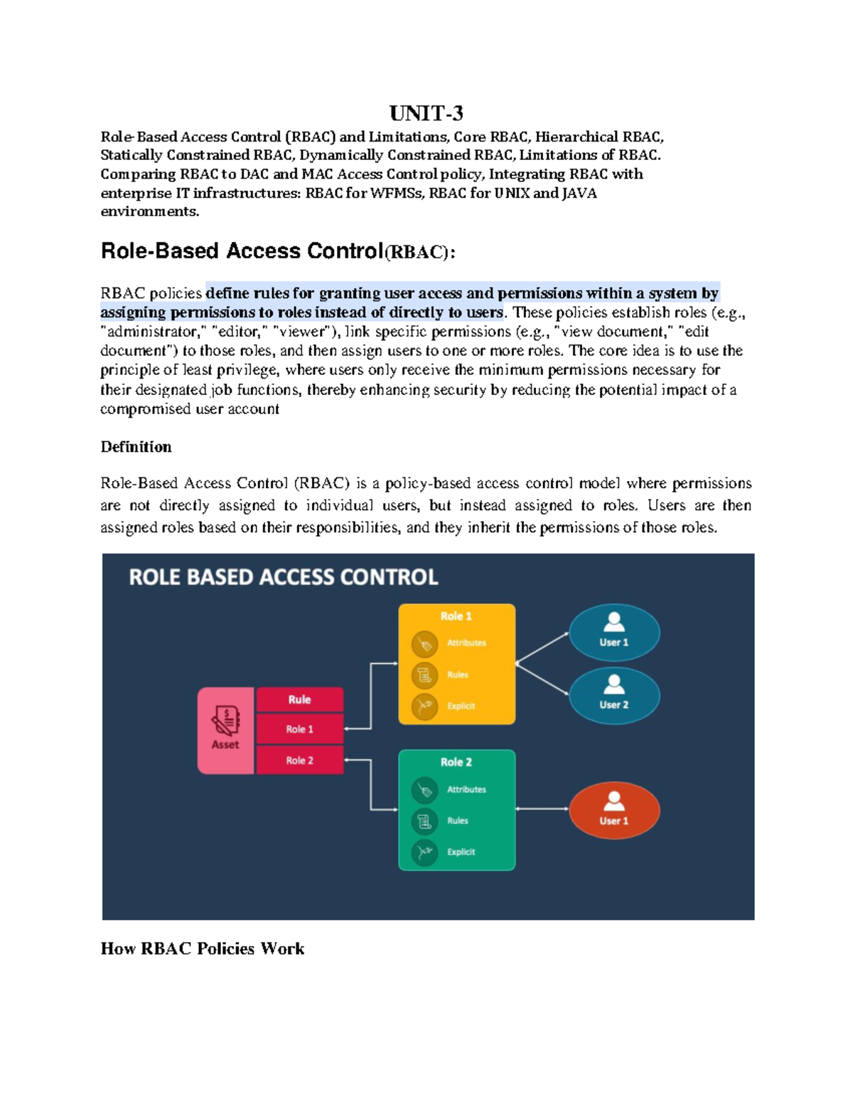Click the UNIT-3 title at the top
point(426,113)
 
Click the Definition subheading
point(136,447)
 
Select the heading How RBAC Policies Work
point(203,948)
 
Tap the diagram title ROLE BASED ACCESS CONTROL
point(283,577)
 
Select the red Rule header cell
point(299,699)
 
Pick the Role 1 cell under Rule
point(299,729)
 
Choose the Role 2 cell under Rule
point(299,761)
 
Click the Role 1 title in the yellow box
point(456,616)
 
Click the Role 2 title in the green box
point(456,762)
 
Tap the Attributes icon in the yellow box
point(424,644)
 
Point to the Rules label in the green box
point(457,821)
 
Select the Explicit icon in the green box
point(424,852)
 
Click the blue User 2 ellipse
point(614,695)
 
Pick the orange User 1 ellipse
point(614,810)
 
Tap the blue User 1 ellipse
point(614,633)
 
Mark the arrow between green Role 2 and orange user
point(542,809)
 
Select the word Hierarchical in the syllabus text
point(576,137)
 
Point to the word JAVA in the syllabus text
point(579,193)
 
